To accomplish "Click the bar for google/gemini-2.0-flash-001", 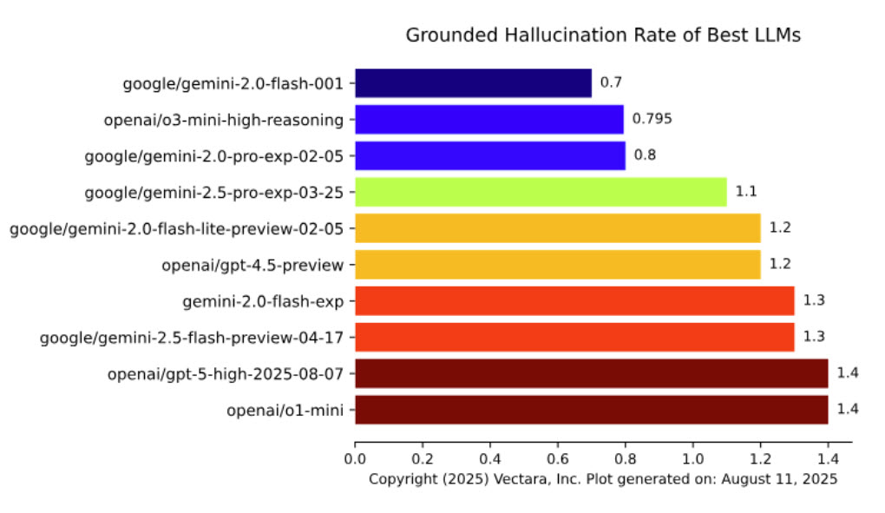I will point(473,83).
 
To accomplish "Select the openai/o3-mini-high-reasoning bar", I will point(489,119).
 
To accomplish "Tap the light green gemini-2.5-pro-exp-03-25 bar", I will point(541,192).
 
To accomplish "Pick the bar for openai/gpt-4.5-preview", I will point(557,264).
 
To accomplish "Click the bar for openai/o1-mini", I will point(591,410).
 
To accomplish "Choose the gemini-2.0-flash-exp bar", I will point(574,300).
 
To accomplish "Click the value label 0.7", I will point(611,83).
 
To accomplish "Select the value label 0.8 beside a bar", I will point(645,155).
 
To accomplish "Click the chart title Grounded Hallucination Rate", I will point(603,36).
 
